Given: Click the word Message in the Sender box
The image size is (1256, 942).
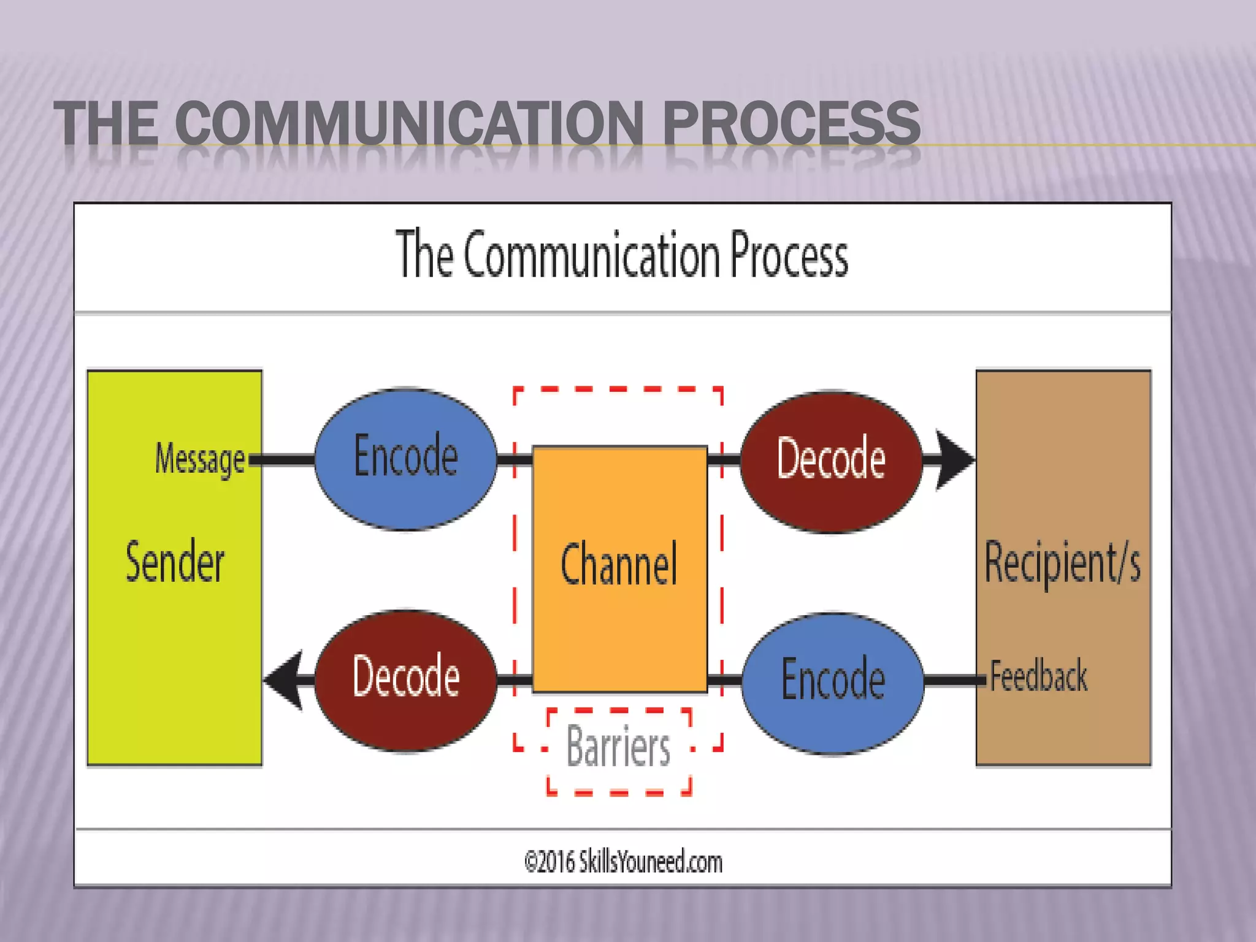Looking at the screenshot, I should [x=199, y=459].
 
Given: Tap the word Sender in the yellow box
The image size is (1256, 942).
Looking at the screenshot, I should [x=175, y=561].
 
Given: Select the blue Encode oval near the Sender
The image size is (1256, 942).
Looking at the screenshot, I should [x=405, y=459].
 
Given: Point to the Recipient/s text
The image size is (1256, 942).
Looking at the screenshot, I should [x=1062, y=563].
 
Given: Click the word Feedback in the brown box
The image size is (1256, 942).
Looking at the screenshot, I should [x=1038, y=677].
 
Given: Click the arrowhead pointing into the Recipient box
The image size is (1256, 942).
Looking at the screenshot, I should [x=953, y=460].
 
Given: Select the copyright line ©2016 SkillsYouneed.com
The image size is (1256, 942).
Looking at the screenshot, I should [x=623, y=862].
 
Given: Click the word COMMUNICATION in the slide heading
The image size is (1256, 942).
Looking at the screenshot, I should [x=410, y=124].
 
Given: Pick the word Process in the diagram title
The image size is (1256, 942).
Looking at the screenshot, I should [x=789, y=256].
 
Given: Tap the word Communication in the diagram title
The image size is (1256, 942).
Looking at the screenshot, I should [x=591, y=256].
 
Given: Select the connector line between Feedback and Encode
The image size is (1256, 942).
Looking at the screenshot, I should [x=954, y=680].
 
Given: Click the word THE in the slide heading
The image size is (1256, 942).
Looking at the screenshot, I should [x=106, y=124].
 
